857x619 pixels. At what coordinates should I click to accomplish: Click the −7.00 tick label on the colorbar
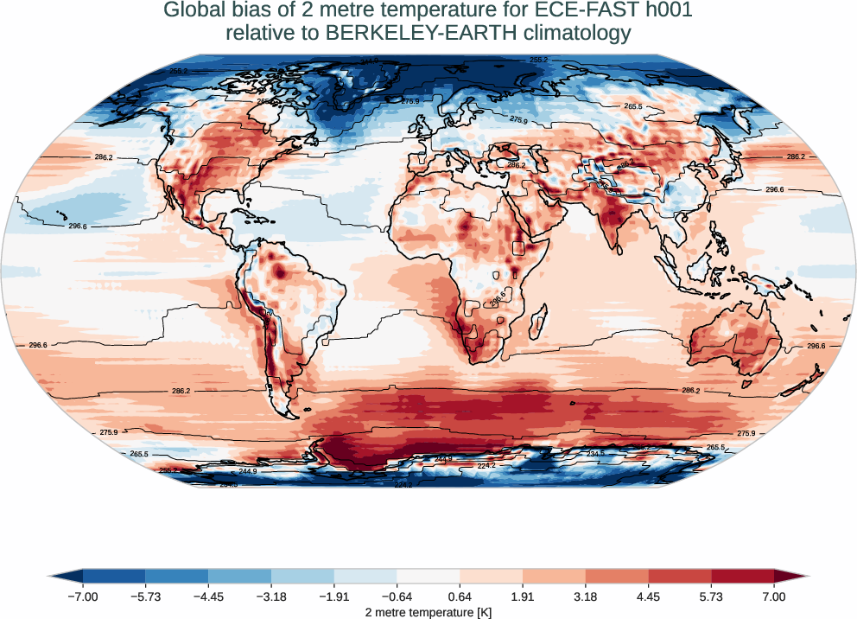click(83, 597)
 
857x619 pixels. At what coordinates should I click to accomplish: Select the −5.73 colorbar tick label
click(146, 597)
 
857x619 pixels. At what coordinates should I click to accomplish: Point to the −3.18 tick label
click(271, 597)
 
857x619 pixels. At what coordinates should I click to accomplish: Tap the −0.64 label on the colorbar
click(397, 597)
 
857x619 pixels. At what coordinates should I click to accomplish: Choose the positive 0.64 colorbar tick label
click(460, 597)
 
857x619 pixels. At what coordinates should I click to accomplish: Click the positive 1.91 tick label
click(523, 597)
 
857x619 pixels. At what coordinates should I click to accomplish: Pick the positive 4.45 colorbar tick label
click(649, 597)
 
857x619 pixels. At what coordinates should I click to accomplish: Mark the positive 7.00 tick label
click(774, 597)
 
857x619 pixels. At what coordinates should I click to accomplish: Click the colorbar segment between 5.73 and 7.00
click(743, 576)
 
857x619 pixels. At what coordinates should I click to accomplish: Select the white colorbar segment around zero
click(428, 576)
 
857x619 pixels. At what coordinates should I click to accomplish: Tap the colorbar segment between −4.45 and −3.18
click(240, 576)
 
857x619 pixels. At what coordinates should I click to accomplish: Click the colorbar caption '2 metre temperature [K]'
click(428, 612)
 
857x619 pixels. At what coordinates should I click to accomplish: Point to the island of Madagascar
click(537, 324)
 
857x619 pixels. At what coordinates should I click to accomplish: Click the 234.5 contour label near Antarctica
click(596, 453)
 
